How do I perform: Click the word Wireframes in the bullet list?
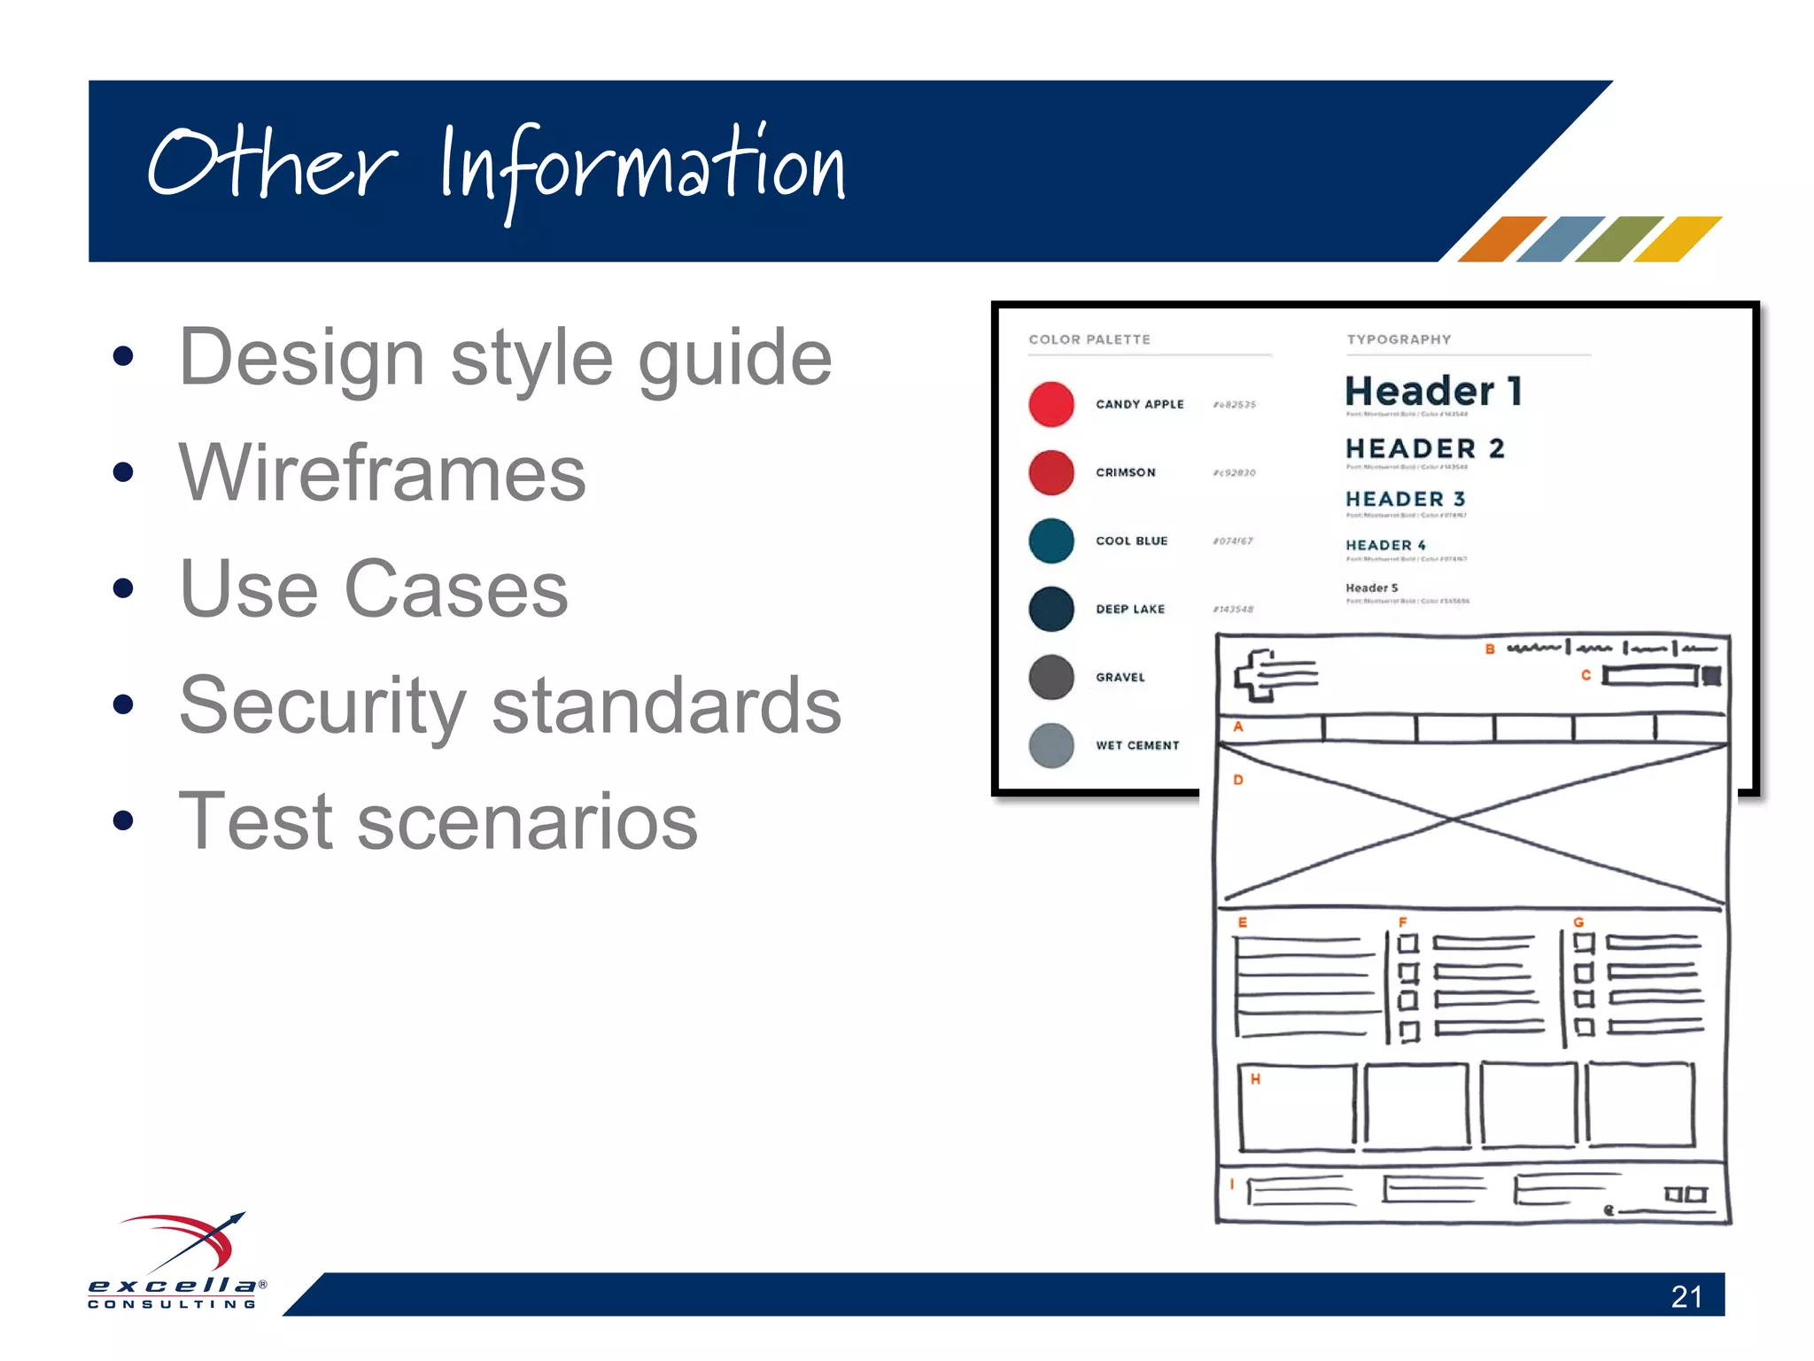click(x=382, y=473)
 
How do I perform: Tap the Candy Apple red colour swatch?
click(x=1051, y=405)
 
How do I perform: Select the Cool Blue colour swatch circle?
click(x=1051, y=541)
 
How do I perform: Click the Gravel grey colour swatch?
click(x=1051, y=678)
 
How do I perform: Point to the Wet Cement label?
click(x=1137, y=746)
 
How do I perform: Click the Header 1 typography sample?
click(x=1433, y=391)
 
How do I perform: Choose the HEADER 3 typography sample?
click(x=1405, y=500)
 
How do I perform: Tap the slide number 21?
click(x=1686, y=1297)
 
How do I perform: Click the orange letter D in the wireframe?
click(x=1238, y=781)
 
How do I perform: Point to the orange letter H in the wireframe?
click(x=1255, y=1079)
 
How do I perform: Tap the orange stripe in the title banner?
click(x=1501, y=239)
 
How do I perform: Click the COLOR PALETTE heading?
click(x=1089, y=339)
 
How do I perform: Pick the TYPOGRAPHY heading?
click(x=1399, y=339)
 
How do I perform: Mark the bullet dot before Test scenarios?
click(x=123, y=821)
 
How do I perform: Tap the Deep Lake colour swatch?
click(x=1051, y=610)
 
